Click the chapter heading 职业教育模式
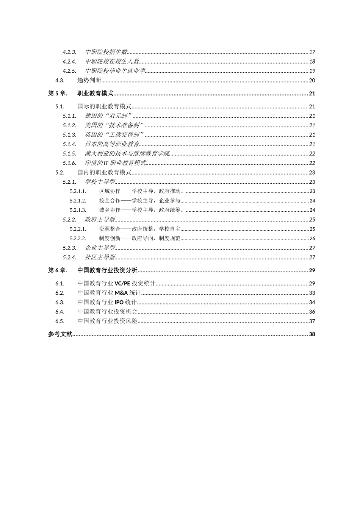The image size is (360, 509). pos(95,94)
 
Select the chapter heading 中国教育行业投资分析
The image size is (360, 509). pos(107,270)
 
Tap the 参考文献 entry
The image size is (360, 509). pos(60,334)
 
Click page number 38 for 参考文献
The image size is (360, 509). pos(312,334)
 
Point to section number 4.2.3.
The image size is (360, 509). pos(69,52)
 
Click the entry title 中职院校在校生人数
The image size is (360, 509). pos(112,61)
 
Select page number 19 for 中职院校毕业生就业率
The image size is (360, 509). pos(312,71)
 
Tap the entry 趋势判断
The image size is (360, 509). pos(89,80)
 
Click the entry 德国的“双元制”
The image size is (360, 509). pos(108,116)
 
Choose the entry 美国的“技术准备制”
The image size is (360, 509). pos(114,125)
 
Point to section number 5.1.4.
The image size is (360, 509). pos(69,144)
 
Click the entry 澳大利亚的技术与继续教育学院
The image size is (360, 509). pos(127,153)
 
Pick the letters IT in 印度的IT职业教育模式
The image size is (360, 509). pos(106,163)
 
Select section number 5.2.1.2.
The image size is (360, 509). pos(78,201)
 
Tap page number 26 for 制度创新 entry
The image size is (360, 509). pos(312,239)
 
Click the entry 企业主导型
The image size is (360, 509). pos(100,248)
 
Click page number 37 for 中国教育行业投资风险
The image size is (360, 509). pos(312,321)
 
